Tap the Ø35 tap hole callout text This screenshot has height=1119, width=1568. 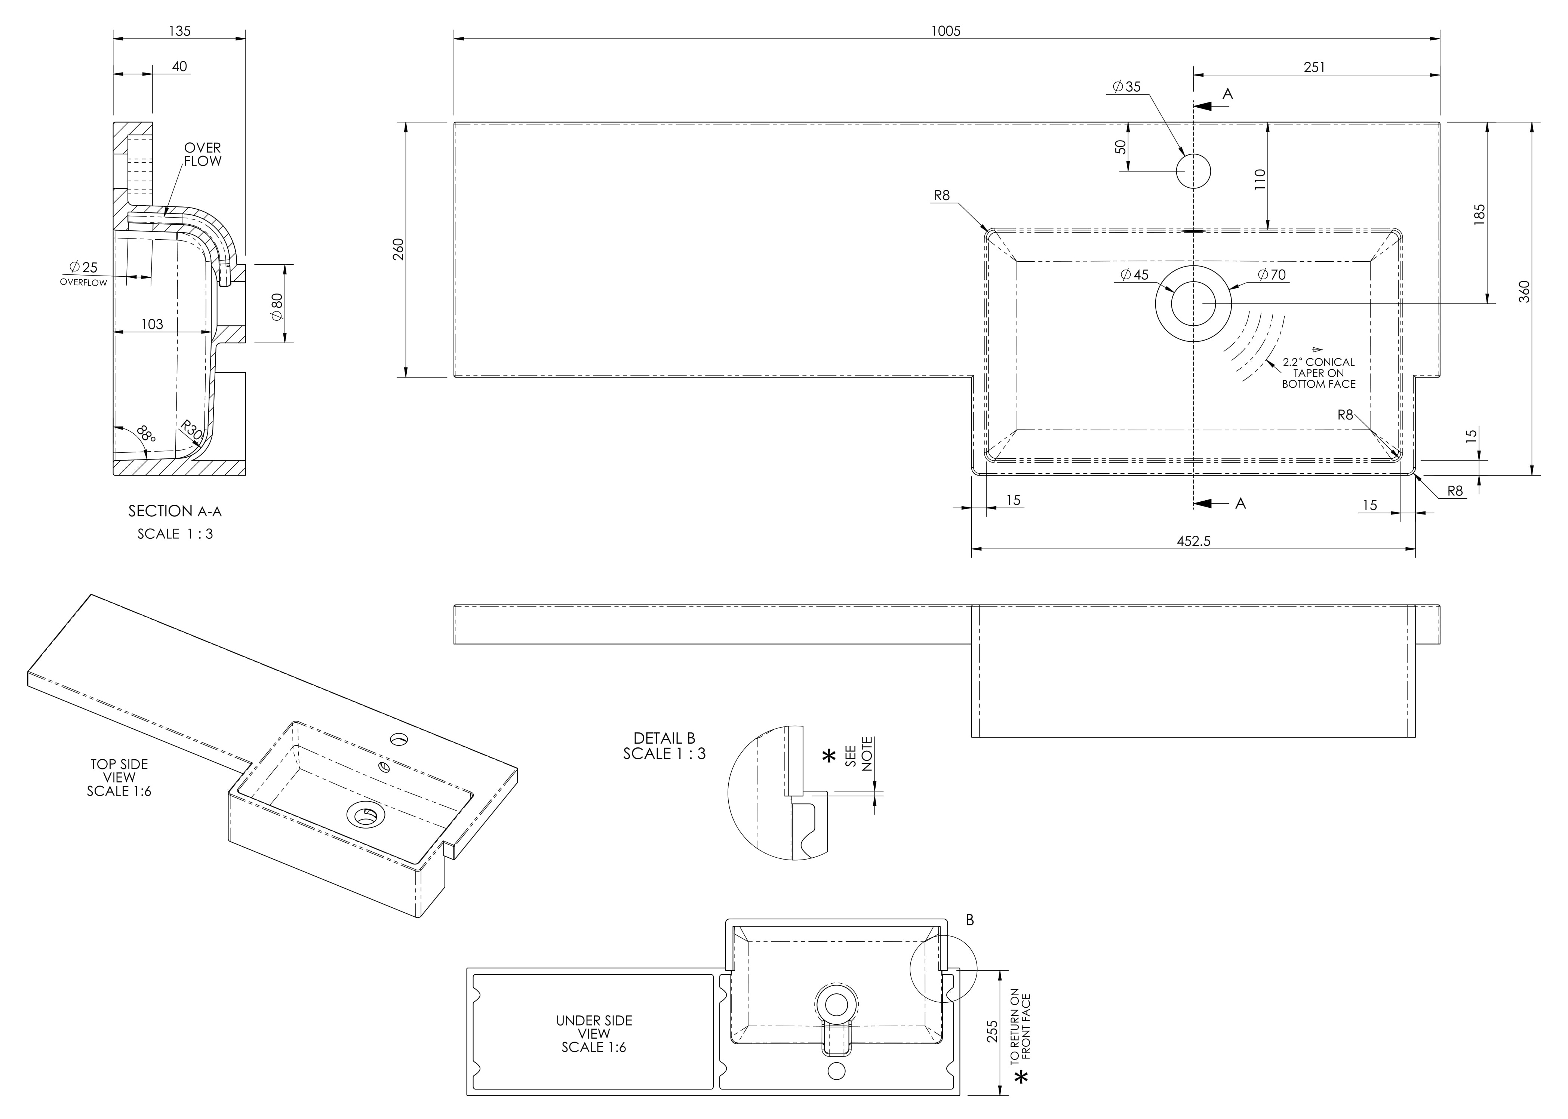click(1127, 87)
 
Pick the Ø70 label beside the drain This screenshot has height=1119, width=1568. click(1272, 275)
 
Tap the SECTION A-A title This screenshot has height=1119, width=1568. click(175, 511)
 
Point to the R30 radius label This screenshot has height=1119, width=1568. click(191, 431)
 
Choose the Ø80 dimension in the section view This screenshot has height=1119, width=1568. click(277, 306)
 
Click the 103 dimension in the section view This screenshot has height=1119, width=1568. click(152, 324)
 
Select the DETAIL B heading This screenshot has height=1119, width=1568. click(664, 740)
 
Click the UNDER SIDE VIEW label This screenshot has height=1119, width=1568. click(594, 1033)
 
